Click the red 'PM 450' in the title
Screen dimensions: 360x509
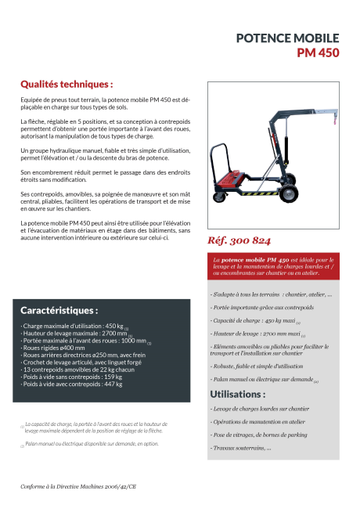318,53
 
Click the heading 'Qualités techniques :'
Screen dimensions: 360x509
67,83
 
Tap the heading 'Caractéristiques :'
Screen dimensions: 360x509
59,310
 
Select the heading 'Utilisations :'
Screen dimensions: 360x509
237,394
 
